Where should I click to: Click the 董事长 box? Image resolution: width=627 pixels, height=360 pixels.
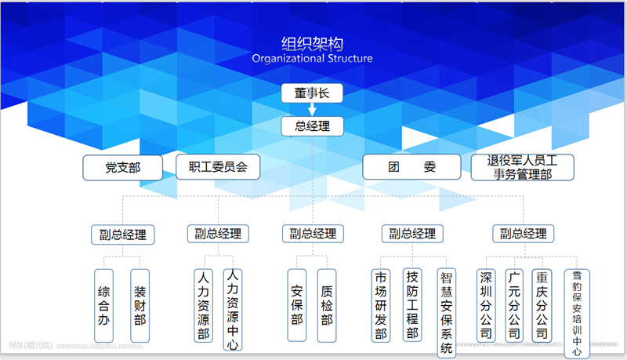point(313,94)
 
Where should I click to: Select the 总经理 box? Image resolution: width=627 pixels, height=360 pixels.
point(313,126)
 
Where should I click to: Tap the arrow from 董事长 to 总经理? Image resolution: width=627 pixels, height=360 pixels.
point(313,111)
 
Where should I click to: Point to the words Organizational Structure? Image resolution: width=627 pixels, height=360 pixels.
point(313,59)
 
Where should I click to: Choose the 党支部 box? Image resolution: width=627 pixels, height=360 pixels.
point(122,167)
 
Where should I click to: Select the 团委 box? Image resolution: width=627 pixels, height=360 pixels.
point(411,167)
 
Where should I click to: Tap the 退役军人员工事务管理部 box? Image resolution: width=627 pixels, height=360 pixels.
point(522,167)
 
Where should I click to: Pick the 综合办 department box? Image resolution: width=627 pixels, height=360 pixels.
point(103,306)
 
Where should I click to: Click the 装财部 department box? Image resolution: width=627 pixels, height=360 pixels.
point(140,306)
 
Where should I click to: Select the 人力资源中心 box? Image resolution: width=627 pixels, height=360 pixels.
point(232,309)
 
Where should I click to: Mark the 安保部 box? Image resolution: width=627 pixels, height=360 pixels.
point(296,306)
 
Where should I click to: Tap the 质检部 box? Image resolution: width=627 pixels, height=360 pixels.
point(327,306)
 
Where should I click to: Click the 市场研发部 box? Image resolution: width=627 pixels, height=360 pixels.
point(381,306)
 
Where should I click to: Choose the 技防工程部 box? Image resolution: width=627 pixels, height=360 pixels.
point(411,304)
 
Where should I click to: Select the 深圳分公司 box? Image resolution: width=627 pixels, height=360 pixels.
point(487,304)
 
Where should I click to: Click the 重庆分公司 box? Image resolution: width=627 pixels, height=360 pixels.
point(541,304)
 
